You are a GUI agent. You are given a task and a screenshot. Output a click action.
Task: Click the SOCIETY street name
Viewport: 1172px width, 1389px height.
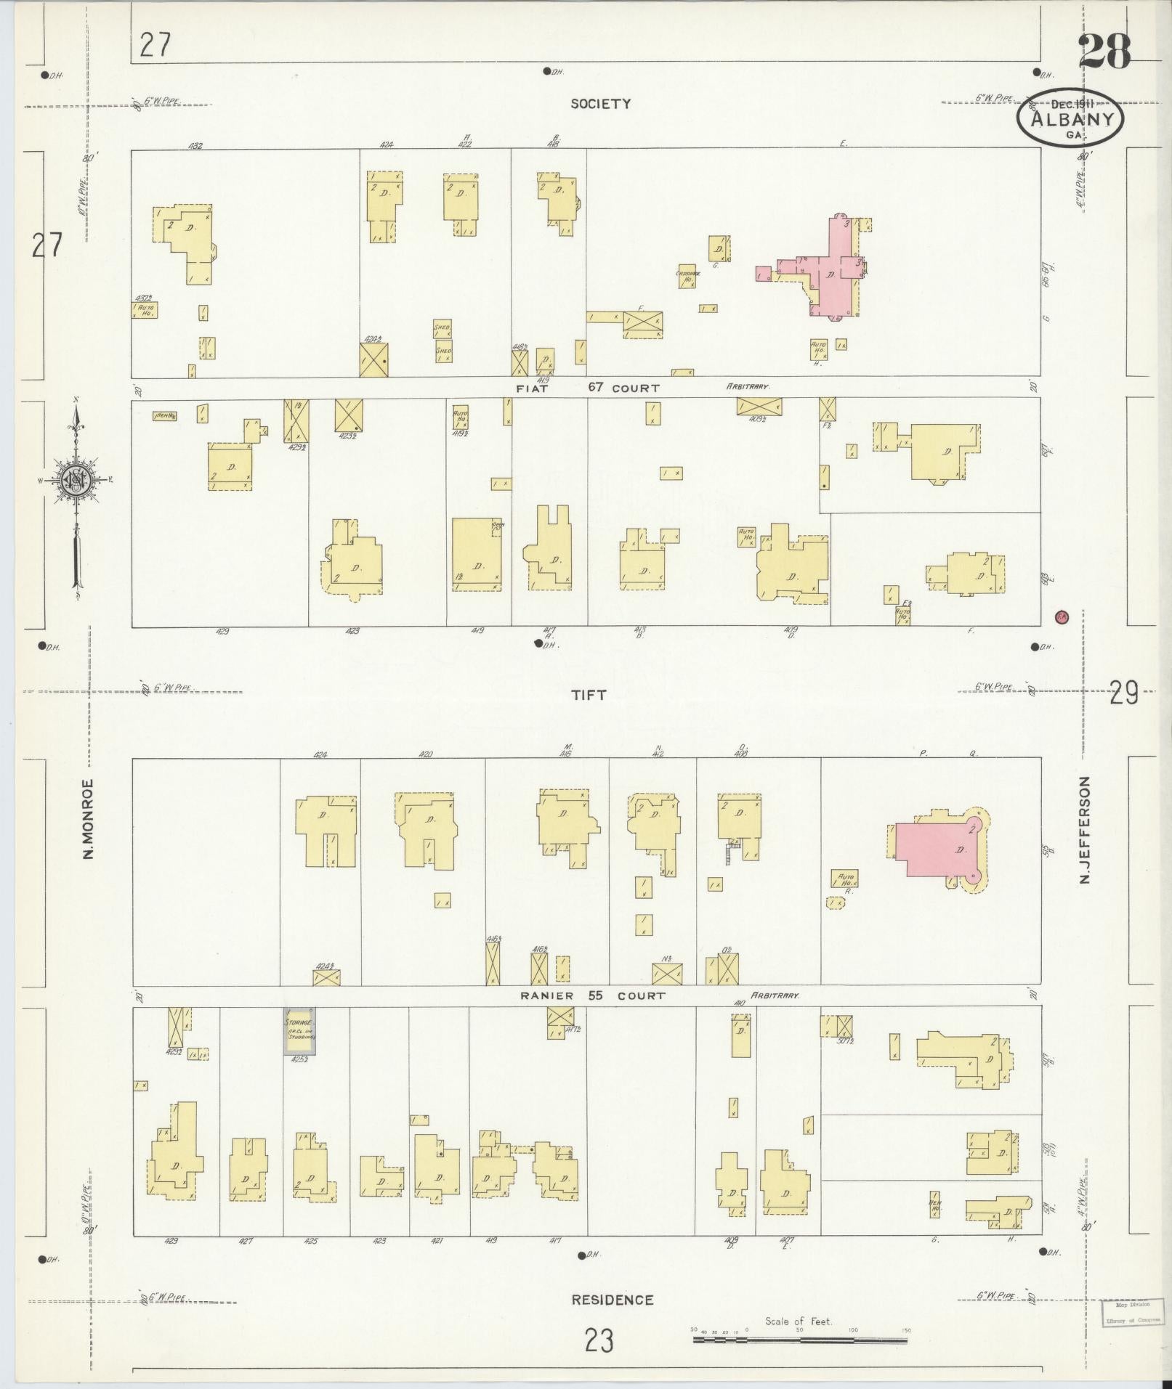tap(600, 104)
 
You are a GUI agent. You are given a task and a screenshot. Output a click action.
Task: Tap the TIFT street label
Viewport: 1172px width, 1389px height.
tap(589, 695)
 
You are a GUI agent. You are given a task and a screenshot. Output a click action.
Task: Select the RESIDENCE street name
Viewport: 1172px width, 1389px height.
tap(612, 1300)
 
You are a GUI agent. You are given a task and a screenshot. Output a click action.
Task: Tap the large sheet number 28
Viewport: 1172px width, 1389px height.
tap(1104, 52)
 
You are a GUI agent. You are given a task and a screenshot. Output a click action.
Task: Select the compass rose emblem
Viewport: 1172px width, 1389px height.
tap(75, 480)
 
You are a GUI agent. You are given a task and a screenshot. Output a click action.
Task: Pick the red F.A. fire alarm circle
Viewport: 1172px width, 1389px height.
tap(1062, 616)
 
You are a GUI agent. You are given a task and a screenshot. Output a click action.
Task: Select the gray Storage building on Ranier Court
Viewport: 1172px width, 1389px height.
tap(299, 1030)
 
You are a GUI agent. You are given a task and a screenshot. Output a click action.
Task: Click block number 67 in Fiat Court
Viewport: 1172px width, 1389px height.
tap(596, 387)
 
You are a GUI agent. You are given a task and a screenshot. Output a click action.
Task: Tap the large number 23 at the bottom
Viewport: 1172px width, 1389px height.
tap(599, 1340)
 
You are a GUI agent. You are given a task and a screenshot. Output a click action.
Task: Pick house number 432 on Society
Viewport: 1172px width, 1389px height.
tap(195, 145)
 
